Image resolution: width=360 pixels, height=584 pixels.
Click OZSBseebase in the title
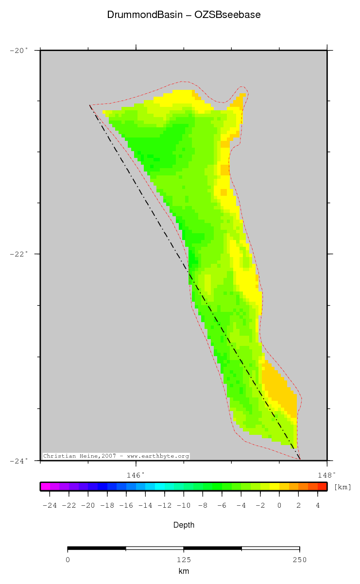[x=227, y=15]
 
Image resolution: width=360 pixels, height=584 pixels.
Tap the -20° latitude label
[x=19, y=50]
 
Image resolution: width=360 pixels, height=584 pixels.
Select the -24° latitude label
[x=19, y=460]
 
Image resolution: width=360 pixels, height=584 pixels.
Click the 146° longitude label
[x=136, y=474]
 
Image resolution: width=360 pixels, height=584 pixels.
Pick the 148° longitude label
[x=327, y=474]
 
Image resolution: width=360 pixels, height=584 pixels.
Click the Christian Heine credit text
[x=116, y=456]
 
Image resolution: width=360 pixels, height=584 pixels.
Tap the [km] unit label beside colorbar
[x=343, y=487]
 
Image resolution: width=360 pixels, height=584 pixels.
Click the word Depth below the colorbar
[x=184, y=525]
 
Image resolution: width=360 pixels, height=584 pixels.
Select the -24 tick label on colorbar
[x=50, y=506]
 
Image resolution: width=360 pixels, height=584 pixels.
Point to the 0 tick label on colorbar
[x=279, y=506]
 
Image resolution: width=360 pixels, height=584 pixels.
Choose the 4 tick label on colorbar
[x=318, y=506]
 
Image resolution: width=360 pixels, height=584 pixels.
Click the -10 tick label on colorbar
[x=183, y=506]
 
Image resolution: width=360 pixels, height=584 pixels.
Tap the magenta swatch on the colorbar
[x=45, y=486]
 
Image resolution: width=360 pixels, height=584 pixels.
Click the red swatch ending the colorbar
[x=322, y=486]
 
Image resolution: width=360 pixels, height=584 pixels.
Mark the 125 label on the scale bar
[x=184, y=560]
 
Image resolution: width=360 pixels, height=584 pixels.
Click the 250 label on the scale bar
[x=299, y=560]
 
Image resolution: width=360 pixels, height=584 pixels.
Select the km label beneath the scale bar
[x=184, y=572]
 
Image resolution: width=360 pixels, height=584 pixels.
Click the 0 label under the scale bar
[x=68, y=560]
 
